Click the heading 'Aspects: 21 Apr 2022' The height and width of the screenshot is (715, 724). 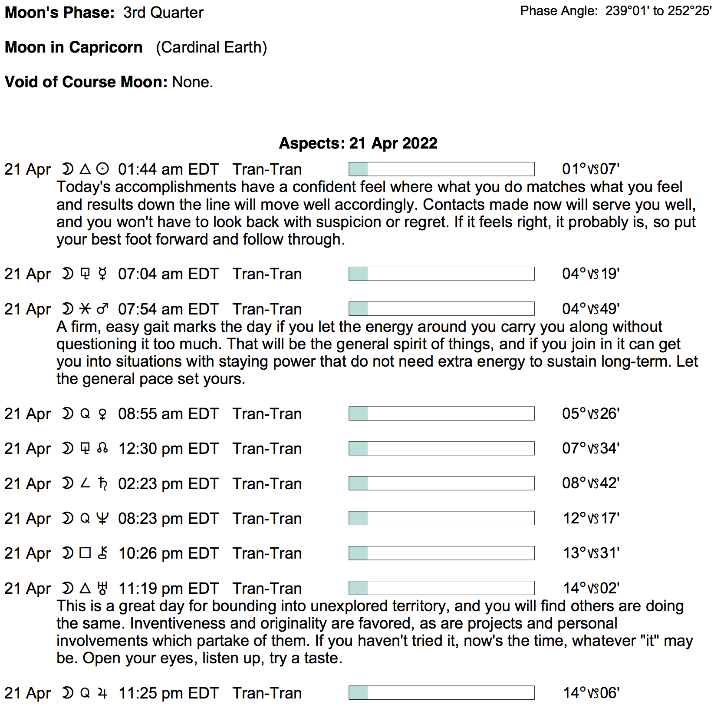(x=358, y=143)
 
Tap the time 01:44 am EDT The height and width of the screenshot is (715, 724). (x=168, y=169)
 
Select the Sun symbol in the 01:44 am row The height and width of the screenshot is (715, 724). (x=102, y=169)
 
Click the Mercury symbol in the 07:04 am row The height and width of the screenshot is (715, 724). (x=102, y=274)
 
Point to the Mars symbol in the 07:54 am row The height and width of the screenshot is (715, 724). (x=102, y=309)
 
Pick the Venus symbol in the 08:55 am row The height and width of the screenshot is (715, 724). (x=102, y=414)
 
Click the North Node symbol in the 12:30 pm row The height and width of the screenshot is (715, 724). (x=102, y=448)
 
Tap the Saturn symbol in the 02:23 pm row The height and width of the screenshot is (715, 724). (x=102, y=483)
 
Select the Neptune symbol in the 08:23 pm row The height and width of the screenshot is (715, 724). (x=102, y=518)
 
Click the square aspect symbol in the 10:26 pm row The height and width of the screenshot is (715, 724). (x=85, y=553)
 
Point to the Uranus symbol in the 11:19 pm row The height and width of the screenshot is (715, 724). (x=102, y=588)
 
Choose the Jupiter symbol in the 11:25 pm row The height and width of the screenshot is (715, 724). (x=102, y=693)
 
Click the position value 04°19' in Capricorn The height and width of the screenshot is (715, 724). (x=590, y=274)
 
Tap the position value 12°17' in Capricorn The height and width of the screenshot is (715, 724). (x=591, y=518)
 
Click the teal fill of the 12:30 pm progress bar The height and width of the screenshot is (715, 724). (x=358, y=448)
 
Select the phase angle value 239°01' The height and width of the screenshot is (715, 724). (x=627, y=11)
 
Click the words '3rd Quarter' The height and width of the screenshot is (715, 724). (x=163, y=13)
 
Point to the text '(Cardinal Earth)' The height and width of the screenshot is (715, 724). (x=211, y=47)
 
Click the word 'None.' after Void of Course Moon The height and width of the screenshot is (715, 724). (x=192, y=82)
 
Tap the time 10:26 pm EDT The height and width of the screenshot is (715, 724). (x=168, y=553)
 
